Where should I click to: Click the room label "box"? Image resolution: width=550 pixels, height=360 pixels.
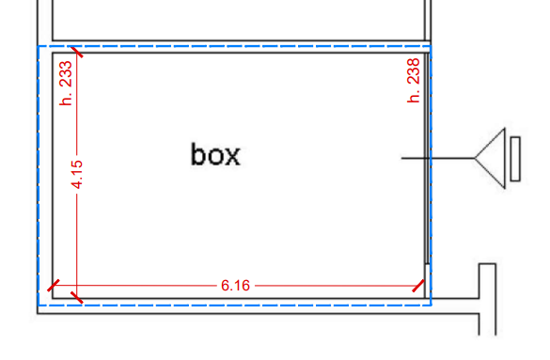215,154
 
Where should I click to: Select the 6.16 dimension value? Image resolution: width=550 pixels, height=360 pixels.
235,286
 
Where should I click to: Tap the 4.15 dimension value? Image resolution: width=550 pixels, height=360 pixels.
77,174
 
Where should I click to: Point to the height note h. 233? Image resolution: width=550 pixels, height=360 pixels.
66,83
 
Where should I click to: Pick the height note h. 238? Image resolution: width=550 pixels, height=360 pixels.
413,80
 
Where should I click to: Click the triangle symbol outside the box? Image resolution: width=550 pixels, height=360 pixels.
491,158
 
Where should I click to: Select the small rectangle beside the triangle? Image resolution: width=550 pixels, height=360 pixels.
515,159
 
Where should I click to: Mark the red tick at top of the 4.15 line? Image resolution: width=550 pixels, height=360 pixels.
77,52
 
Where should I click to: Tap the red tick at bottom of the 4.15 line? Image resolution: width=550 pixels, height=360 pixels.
77,297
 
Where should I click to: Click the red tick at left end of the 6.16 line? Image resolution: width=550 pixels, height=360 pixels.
54,286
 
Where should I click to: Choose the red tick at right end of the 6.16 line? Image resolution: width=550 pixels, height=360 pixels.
418,286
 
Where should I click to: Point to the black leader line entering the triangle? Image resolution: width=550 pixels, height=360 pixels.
438,158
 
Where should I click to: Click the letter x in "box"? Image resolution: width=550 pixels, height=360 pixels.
232,156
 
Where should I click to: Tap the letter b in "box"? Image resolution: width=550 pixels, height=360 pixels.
198,154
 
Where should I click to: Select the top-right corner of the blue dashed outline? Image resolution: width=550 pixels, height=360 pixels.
431,46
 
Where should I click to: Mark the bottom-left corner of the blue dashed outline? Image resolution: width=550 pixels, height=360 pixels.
38,305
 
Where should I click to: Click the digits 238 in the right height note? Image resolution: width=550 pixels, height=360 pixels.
413,71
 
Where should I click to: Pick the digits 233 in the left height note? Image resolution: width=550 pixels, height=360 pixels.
66,74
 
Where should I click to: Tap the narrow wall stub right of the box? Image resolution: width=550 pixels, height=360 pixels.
488,299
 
